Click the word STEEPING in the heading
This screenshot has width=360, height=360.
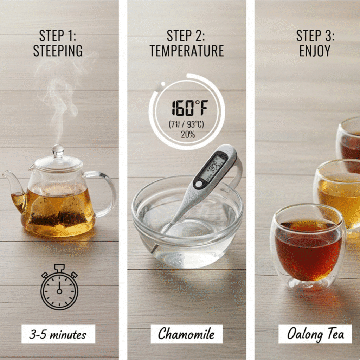[58, 51]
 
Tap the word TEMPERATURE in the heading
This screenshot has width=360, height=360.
[186, 51]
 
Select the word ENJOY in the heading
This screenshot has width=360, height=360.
[315, 51]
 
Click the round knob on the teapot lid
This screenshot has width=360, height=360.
[58, 150]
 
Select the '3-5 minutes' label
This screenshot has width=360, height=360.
[58, 334]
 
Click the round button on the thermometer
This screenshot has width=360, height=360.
[199, 184]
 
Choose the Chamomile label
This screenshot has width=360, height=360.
[186, 334]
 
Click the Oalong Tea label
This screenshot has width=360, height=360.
[315, 334]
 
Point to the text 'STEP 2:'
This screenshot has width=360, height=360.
[186, 36]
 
